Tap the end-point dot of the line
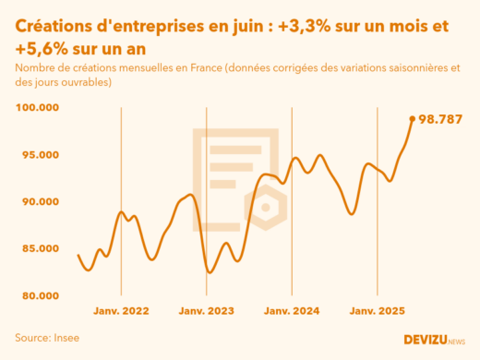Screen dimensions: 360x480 click(413, 118)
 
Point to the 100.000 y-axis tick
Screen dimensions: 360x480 click(38, 107)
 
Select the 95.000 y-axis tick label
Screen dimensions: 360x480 click(38, 154)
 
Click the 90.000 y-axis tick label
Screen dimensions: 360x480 click(38, 201)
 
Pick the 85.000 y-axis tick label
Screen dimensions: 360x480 click(38, 248)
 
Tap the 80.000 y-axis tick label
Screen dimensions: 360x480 click(38, 295)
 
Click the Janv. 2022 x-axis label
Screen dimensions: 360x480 click(122, 312)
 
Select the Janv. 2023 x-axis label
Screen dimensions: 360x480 click(207, 312)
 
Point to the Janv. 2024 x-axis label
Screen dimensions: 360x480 click(292, 312)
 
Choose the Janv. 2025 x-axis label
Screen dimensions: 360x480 click(377, 312)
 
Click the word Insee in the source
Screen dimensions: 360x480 click(64, 338)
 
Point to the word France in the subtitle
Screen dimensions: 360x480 click(204, 68)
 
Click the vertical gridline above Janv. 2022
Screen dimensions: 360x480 click(122, 185)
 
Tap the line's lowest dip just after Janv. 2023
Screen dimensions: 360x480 click(210, 272)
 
